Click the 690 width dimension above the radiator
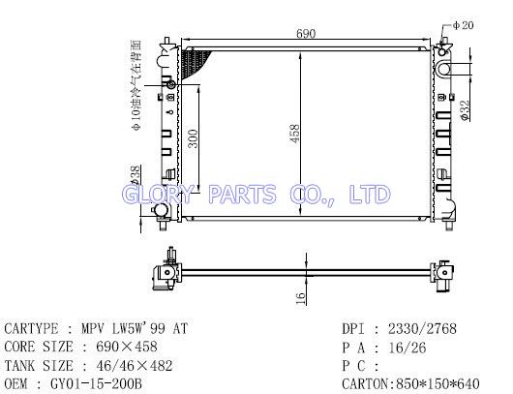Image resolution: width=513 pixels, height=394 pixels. pos(306,33)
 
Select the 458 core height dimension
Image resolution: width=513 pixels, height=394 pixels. pos(294,134)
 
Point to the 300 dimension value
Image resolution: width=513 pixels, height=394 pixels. pos(194,138)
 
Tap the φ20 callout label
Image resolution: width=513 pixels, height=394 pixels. pos(463,25)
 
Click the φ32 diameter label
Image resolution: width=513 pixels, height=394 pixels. pos(465,110)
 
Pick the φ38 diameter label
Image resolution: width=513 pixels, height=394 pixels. pos(135,176)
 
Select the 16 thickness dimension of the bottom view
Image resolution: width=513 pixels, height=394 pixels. pos(300,298)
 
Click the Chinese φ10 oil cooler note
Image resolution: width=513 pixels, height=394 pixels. pos(136,86)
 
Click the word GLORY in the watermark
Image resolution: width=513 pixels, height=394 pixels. pos(157,194)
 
